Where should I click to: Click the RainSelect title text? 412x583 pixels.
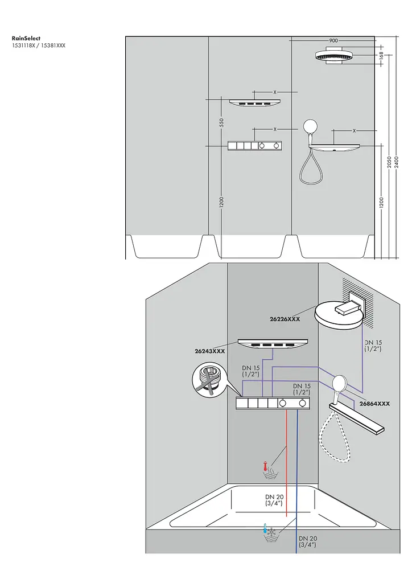click(26, 38)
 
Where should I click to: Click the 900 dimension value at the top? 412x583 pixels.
click(333, 40)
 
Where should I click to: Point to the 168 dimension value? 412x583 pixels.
click(381, 55)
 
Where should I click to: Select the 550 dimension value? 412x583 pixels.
click(221, 122)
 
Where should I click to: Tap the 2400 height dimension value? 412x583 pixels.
click(397, 162)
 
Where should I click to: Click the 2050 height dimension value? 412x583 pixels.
click(389, 162)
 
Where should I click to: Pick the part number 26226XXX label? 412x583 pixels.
click(285, 319)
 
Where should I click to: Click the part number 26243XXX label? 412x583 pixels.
click(210, 351)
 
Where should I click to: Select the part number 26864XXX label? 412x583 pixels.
click(375, 404)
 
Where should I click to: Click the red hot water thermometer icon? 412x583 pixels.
click(265, 466)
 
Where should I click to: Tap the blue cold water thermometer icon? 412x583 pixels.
click(265, 528)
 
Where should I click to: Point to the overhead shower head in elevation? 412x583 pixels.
click(339, 56)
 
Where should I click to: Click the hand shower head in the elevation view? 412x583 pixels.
click(311, 126)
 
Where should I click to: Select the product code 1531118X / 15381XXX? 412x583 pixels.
click(39, 46)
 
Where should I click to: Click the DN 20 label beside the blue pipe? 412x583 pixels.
click(308, 542)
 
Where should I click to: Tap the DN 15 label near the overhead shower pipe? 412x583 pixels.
click(373, 346)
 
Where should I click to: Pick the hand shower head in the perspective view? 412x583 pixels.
click(339, 383)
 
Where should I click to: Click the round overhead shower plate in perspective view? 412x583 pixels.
click(339, 316)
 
